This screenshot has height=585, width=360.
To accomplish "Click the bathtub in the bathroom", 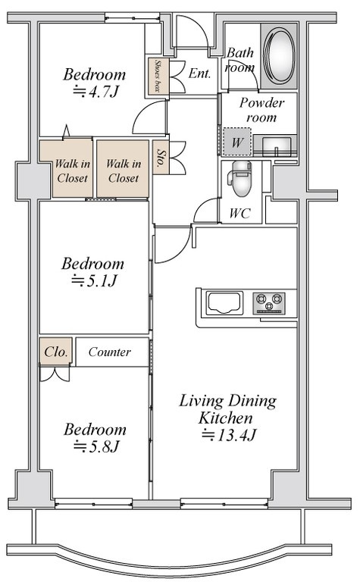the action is pyautogui.click(x=279, y=55).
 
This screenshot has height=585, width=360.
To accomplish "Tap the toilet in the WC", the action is pyautogui.click(x=241, y=178).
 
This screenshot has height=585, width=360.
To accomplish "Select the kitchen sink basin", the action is pyautogui.click(x=224, y=303).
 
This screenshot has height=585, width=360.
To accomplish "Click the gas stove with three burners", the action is pyautogui.click(x=268, y=303).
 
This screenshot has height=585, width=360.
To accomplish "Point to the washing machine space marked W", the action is pyautogui.click(x=237, y=142).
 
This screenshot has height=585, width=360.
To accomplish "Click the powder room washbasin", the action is pyautogui.click(x=277, y=145).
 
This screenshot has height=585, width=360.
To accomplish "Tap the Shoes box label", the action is pyautogui.click(x=158, y=76).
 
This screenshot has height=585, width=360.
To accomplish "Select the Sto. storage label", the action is pyautogui.click(x=161, y=158).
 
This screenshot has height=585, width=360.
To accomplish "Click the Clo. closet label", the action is pyautogui.click(x=56, y=352).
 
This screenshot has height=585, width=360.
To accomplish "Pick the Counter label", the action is pyautogui.click(x=110, y=352).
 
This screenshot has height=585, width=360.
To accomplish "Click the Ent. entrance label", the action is pyautogui.click(x=199, y=73).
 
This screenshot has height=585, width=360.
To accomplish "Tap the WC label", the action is pyautogui.click(x=240, y=214).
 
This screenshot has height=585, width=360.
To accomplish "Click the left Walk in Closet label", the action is pyautogui.click(x=72, y=170).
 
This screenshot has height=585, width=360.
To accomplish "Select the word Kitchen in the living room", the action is pyautogui.click(x=225, y=418).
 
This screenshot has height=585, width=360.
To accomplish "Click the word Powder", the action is pyautogui.click(x=261, y=102).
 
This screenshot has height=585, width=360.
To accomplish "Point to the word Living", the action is pyautogui.click(x=202, y=402).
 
